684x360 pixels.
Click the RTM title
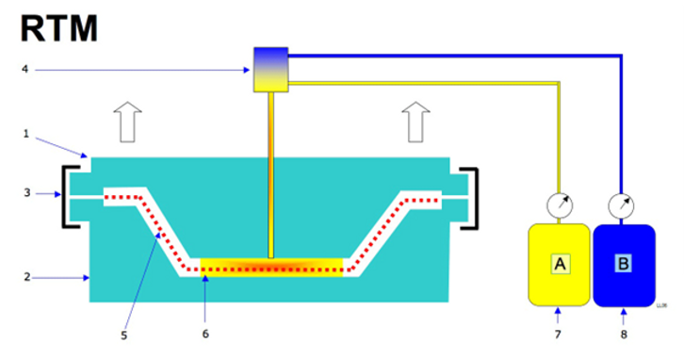[59, 29]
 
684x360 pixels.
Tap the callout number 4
[24, 69]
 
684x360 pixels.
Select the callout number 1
[25, 134]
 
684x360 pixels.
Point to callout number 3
[27, 193]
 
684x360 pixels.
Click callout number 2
[27, 277]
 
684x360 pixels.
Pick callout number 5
[123, 335]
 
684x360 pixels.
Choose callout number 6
[205, 334]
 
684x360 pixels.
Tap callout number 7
[558, 335]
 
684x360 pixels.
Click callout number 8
[624, 335]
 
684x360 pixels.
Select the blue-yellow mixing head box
[271, 70]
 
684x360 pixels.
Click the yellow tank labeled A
[559, 265]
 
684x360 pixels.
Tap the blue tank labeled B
[624, 266]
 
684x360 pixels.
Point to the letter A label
[561, 264]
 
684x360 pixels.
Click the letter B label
[624, 264]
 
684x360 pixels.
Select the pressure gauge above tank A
[560, 205]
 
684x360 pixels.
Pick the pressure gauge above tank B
[621, 206]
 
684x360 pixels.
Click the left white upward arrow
[127, 123]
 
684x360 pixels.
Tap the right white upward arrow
[415, 123]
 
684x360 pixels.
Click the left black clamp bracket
[65, 196]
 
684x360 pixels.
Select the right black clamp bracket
[474, 199]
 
